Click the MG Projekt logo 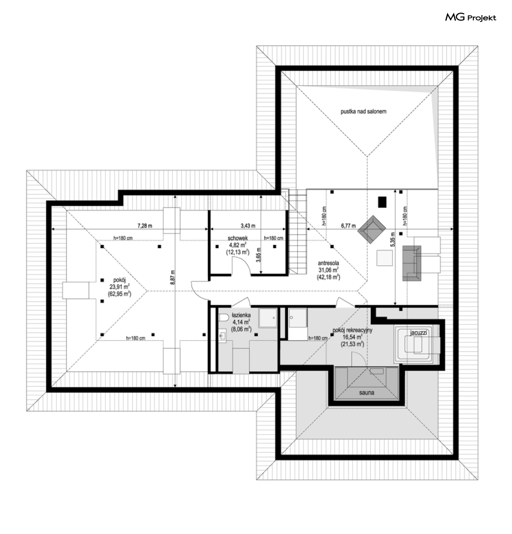[x=471, y=18]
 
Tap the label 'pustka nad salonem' [x=363, y=111]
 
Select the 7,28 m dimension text [x=145, y=226]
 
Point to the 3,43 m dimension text [x=248, y=226]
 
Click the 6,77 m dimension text [x=348, y=226]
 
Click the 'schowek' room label [x=237, y=238]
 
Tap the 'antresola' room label [x=328, y=263]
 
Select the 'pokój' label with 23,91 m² [x=119, y=280]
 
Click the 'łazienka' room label [x=241, y=316]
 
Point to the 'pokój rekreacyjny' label [x=353, y=330]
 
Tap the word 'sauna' [x=367, y=393]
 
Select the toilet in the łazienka [x=224, y=318]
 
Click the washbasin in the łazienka [x=223, y=336]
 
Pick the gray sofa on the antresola [x=412, y=263]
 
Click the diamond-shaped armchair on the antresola [x=372, y=229]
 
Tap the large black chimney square [x=382, y=202]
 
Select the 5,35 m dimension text [x=393, y=240]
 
